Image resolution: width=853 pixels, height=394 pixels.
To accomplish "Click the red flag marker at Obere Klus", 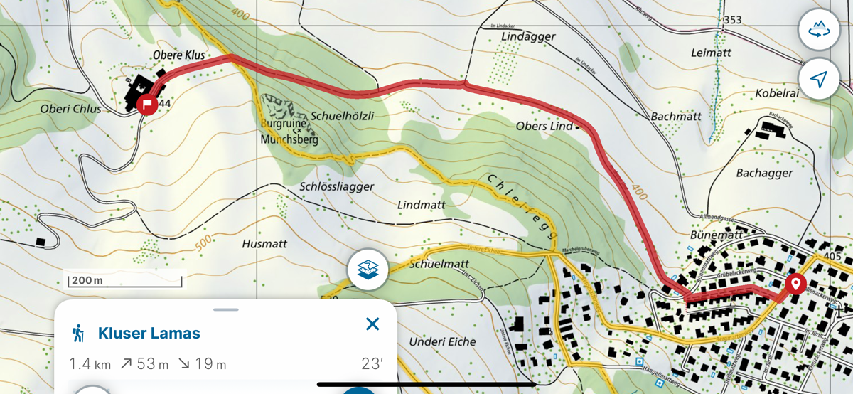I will point(147,105).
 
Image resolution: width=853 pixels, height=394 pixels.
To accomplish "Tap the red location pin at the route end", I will point(795,284).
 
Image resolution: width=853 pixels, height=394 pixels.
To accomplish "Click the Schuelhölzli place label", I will point(343,115).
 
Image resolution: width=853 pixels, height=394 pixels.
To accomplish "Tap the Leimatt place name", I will point(711,53).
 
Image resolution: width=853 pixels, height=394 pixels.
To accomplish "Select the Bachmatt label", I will point(676,116).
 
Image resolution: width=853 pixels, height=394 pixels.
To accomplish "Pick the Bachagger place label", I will point(764,173).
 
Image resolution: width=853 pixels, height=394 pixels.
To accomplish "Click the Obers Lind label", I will point(544,127).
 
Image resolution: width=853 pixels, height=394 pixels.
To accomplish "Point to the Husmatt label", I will point(264,243).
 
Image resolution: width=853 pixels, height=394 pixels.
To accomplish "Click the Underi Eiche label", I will point(442,341).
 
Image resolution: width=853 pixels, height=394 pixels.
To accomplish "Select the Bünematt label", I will point(716,234).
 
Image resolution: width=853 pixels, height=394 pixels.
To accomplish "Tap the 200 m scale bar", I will point(87,280).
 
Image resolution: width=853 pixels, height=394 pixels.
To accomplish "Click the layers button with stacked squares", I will point(368,270).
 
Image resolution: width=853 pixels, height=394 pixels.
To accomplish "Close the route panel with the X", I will point(372,324).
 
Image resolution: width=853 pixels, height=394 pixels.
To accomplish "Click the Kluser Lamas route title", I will point(149,333).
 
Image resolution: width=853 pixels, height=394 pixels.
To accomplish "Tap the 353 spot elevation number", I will point(732,20).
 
